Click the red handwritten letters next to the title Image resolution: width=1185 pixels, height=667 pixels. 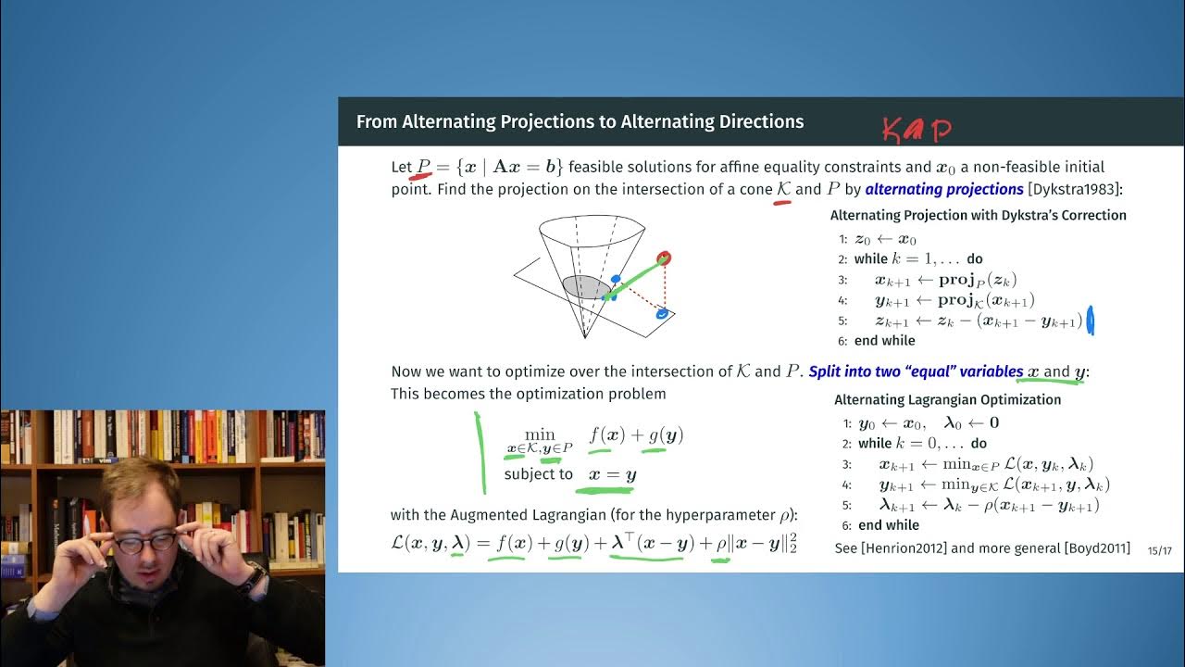pyautogui.click(x=916, y=131)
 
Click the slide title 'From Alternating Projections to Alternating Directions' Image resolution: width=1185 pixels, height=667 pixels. pyautogui.click(x=580, y=122)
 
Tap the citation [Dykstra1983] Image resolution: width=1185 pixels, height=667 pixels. pyautogui.click(x=1075, y=189)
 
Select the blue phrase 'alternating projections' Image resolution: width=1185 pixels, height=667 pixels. pyautogui.click(x=943, y=189)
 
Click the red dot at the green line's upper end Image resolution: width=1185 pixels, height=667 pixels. pyautogui.click(x=664, y=258)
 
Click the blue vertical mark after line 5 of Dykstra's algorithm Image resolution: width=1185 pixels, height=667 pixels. pyautogui.click(x=1090, y=321)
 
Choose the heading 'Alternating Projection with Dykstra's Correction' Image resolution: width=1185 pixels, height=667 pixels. pyautogui.click(x=978, y=215)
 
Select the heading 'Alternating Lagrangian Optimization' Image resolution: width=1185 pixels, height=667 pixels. pyautogui.click(x=947, y=399)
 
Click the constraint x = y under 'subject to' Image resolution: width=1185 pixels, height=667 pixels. pyautogui.click(x=606, y=474)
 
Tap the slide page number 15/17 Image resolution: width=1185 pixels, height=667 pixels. pyautogui.click(x=1159, y=550)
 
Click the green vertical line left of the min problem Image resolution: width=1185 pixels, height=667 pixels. pyautogui.click(x=480, y=452)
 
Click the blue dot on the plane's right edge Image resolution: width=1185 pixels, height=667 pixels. pyautogui.click(x=662, y=314)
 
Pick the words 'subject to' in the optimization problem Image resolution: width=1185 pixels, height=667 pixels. pyautogui.click(x=538, y=474)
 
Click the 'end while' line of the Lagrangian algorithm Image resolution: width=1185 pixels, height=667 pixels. pyautogui.click(x=888, y=525)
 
